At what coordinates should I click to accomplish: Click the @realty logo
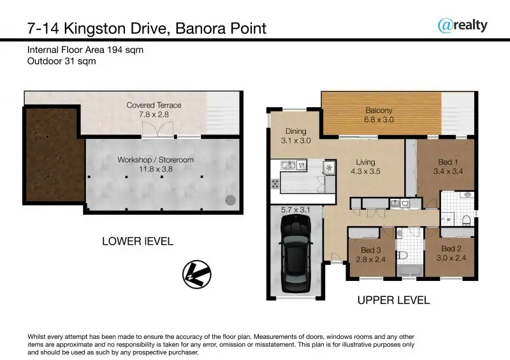point(463,25)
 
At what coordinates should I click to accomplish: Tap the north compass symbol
point(197,274)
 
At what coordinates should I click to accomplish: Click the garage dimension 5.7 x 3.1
point(296,210)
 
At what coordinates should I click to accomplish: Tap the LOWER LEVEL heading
point(138,241)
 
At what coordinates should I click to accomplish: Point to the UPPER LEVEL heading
point(393,300)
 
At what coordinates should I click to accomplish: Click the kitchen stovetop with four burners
point(275,184)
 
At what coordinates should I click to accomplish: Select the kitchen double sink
point(289,165)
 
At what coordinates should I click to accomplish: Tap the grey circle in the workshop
point(230,200)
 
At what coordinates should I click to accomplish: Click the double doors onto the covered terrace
point(157,129)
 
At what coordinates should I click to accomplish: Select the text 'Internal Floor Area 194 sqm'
point(85,50)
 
